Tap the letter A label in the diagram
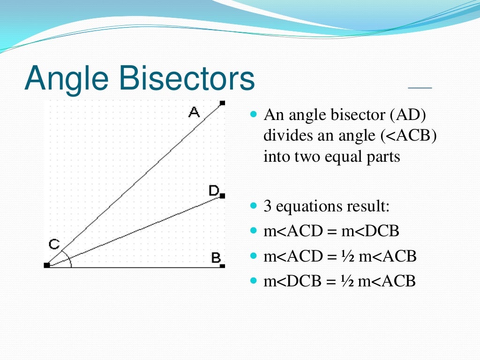(x=194, y=112)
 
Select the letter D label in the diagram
(x=214, y=190)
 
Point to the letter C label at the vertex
(x=54, y=244)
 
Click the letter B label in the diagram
(x=216, y=257)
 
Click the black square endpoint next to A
(x=222, y=103)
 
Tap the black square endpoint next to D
(x=222, y=196)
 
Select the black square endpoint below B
(x=222, y=266)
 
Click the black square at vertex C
(x=46, y=265)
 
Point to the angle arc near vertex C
(x=69, y=259)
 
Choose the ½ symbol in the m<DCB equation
(x=345, y=282)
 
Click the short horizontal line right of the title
(x=420, y=88)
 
